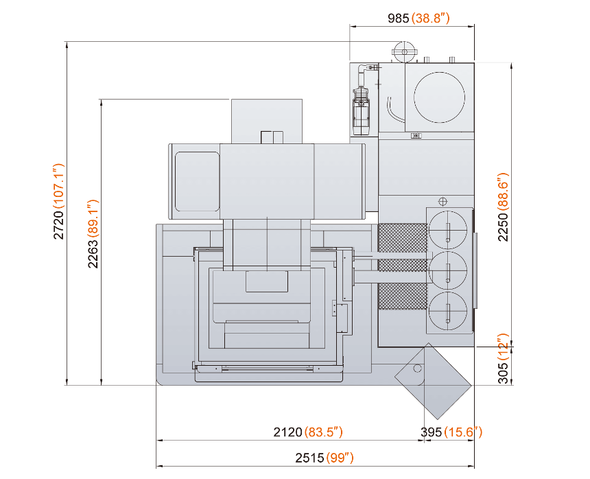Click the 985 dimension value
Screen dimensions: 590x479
point(398,18)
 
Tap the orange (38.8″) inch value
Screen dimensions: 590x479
point(430,18)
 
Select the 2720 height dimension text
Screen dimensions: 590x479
point(59,224)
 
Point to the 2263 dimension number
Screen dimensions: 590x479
point(93,253)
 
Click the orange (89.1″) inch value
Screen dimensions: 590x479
point(93,218)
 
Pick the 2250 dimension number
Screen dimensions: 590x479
point(503,227)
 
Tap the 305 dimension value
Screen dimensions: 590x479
point(503,373)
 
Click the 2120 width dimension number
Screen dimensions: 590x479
point(288,432)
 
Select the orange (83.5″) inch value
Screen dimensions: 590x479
point(324,432)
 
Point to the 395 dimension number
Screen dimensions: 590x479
point(432,432)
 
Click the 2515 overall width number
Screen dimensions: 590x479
point(309,458)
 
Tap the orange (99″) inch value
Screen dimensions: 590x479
point(340,458)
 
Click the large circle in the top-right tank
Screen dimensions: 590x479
point(439,72)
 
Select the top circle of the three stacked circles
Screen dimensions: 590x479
point(448,211)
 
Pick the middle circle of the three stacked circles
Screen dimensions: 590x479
point(448,252)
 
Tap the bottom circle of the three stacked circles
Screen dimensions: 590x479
point(448,292)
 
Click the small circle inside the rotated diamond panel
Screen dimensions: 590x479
point(417,364)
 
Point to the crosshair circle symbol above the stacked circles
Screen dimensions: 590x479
point(443,202)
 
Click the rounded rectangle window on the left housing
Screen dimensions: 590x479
point(176,181)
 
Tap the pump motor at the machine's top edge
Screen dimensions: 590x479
point(404,52)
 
